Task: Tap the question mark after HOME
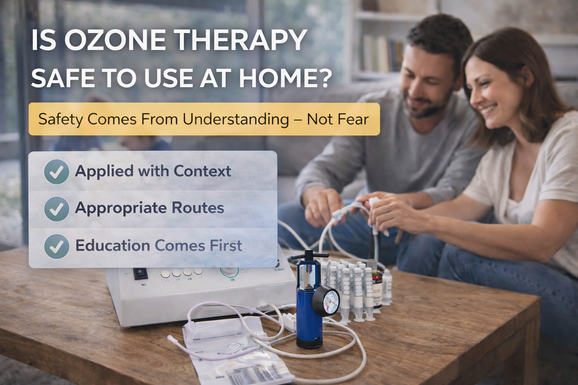tap(324, 78)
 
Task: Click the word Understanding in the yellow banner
tap(236, 119)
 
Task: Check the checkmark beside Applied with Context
tap(56, 171)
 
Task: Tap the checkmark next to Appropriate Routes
tap(56, 208)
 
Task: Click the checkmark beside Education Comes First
tap(56, 246)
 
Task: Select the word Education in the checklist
tap(113, 246)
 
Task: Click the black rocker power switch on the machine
tap(140, 273)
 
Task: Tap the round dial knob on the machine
tap(228, 271)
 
